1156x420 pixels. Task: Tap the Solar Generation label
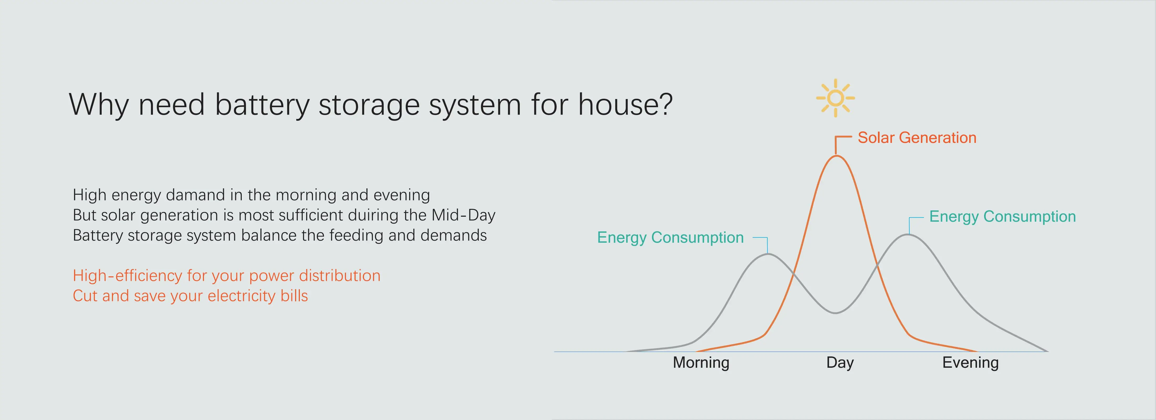pos(917,138)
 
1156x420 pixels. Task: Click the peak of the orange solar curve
pos(836,156)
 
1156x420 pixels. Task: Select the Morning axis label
pos(701,362)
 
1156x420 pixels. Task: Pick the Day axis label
pos(840,362)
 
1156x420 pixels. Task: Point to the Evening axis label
pos(970,362)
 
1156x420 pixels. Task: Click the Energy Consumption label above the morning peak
pos(670,237)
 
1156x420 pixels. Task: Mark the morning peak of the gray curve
pos(768,254)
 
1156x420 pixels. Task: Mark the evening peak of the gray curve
pos(908,234)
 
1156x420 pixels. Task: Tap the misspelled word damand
pos(196,195)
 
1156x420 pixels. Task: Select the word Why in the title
pos(99,105)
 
